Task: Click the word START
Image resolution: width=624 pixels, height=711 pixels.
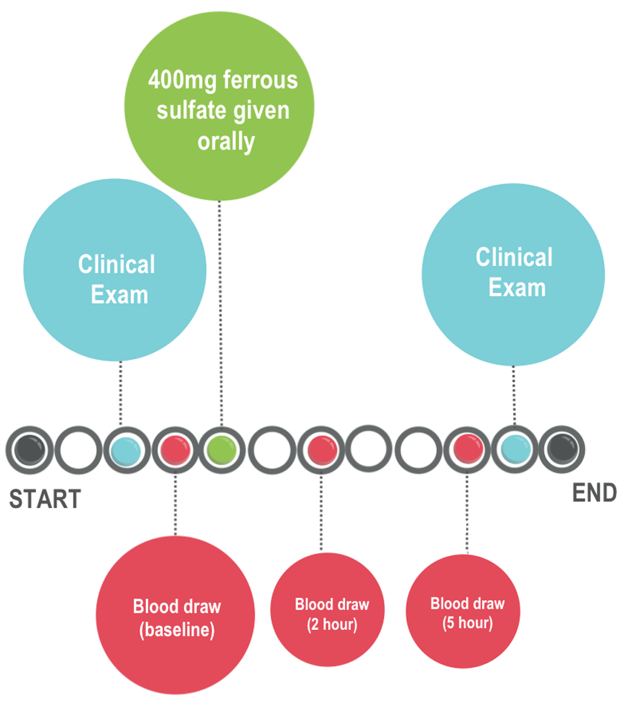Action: (45, 499)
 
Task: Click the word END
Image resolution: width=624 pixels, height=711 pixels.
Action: (595, 493)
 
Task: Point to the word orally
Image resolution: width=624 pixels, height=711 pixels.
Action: (227, 142)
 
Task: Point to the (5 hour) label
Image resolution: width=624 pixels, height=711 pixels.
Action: (467, 623)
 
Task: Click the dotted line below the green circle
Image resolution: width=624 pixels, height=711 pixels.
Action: (220, 312)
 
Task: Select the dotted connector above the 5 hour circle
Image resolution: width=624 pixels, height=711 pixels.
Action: (467, 511)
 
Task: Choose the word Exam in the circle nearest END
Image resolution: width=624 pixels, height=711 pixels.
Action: (517, 288)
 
